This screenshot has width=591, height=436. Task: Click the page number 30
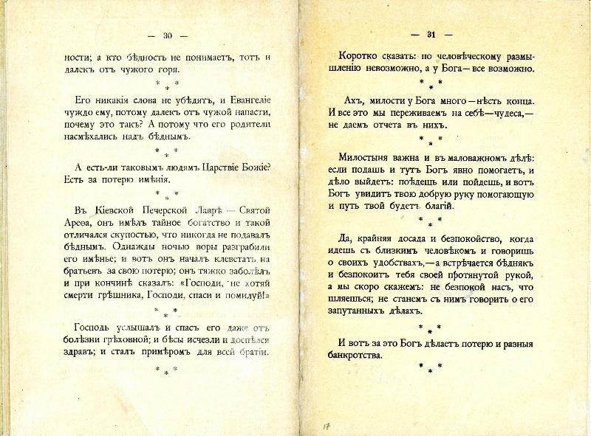(x=167, y=35)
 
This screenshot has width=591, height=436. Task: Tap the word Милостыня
(x=366, y=156)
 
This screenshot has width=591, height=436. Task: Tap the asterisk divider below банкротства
(x=430, y=367)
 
